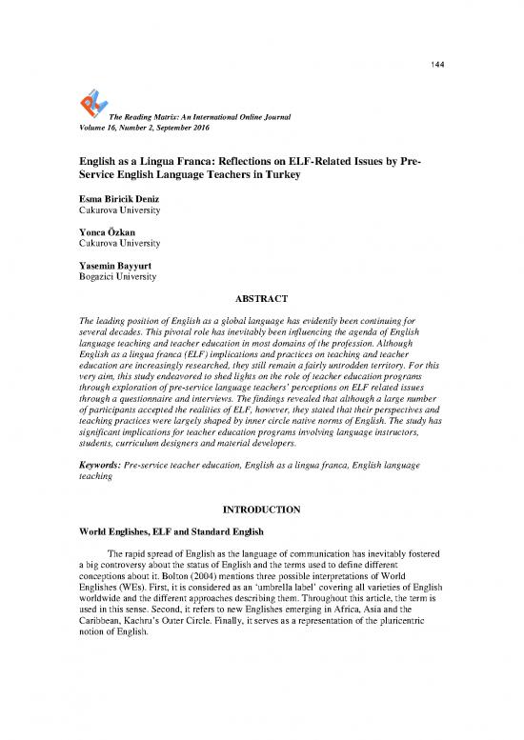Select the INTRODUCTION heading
coord(261,510)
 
